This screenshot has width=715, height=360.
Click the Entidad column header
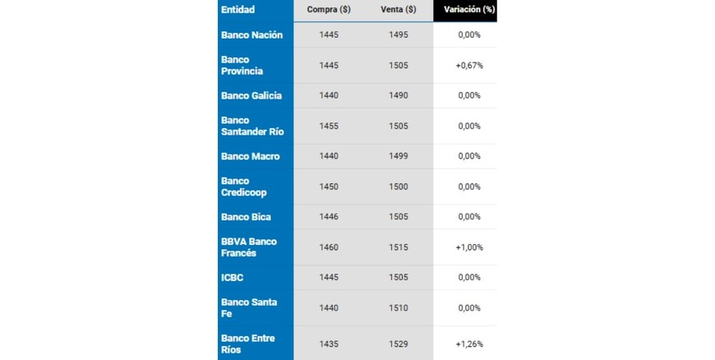238,10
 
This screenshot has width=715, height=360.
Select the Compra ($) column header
329,10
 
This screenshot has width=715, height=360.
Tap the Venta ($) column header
399,10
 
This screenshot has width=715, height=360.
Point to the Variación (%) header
469,10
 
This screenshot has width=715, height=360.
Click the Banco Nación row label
251,35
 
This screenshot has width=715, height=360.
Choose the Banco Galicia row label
251,95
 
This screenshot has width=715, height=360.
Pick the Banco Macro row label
251,156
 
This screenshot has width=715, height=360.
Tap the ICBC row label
233,277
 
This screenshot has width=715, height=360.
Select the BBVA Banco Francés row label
249,247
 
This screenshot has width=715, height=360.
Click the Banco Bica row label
246,217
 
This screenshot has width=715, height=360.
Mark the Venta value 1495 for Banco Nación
399,35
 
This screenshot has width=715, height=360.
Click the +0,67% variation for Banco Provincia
469,65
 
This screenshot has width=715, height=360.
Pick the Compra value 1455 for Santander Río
329,126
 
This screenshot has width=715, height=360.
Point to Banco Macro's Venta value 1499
399,156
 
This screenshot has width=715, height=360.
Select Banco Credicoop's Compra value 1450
329,187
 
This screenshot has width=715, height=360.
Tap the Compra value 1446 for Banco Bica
329,217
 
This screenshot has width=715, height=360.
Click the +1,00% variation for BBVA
469,247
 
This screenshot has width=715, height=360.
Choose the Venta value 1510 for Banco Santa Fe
399,307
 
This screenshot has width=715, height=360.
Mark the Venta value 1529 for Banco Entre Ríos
399,344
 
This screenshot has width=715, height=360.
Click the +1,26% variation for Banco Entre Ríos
469,344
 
